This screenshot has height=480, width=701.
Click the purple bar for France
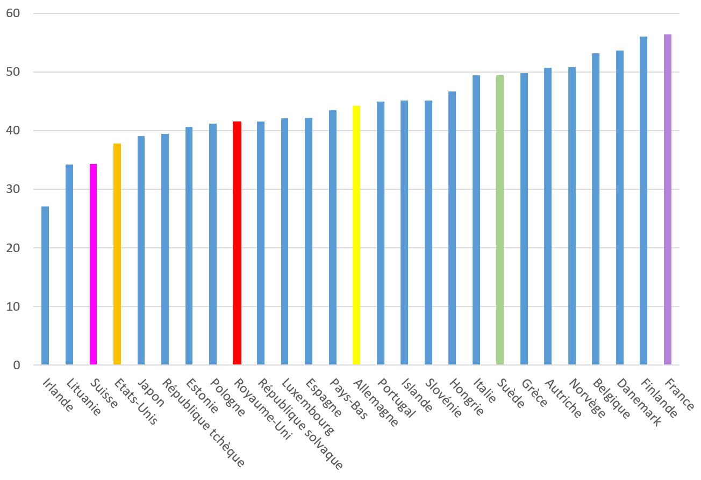coord(668,199)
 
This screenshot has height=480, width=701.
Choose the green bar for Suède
coord(500,220)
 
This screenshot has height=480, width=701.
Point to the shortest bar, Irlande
coord(45,285)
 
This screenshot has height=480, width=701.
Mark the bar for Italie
coord(476,220)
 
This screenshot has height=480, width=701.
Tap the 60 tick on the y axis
coord(13,13)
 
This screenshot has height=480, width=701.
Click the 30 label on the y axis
coord(13,189)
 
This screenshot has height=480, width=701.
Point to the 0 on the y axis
coord(16,365)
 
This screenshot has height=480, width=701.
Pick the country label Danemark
coord(638,401)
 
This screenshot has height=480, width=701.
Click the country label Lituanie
coord(83,397)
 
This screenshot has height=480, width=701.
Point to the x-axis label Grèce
coord(534,392)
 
